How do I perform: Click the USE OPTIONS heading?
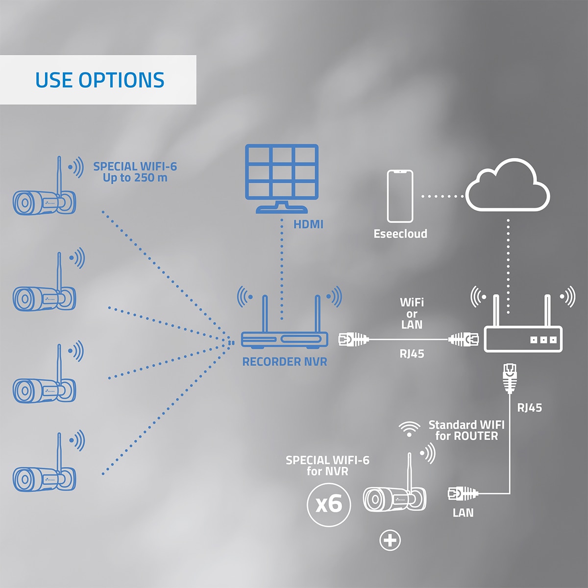(x=100, y=80)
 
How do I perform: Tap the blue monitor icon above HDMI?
(x=282, y=179)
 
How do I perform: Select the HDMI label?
(x=308, y=224)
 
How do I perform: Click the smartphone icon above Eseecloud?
(x=400, y=196)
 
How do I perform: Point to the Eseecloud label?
(x=400, y=234)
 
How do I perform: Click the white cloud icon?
(x=507, y=185)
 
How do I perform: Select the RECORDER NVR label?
(x=284, y=362)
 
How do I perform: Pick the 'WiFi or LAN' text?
(x=412, y=314)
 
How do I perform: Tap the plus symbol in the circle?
(x=390, y=540)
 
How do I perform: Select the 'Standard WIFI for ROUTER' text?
(x=466, y=430)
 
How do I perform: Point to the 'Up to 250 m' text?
(x=135, y=177)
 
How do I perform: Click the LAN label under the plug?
(x=463, y=513)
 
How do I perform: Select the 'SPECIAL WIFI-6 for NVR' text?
(x=327, y=465)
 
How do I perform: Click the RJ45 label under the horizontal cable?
(x=412, y=354)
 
